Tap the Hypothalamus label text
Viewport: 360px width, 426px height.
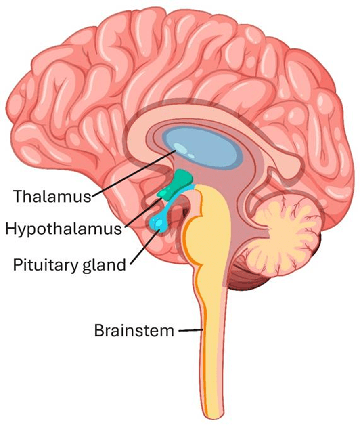pyautogui.click(x=63, y=229)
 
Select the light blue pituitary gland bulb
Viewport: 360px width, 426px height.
pyautogui.click(x=158, y=223)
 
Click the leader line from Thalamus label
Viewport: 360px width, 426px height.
pyautogui.click(x=133, y=174)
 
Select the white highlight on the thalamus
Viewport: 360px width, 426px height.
pyautogui.click(x=184, y=151)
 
